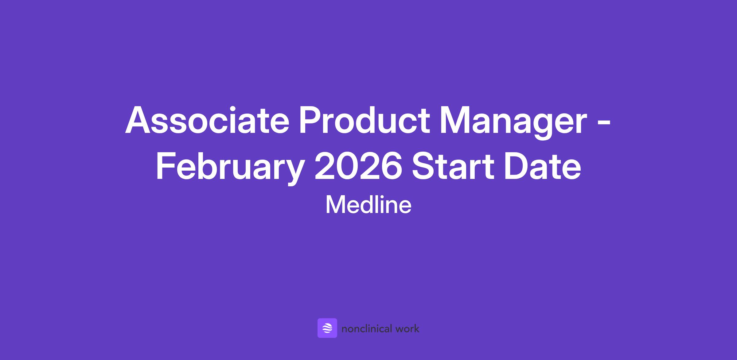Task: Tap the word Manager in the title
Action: (x=514, y=123)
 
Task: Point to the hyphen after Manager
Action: (x=604, y=124)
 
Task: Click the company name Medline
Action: (x=368, y=205)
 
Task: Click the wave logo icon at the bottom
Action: (x=327, y=328)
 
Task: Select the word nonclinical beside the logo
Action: (x=367, y=329)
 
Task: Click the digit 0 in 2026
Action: (x=347, y=167)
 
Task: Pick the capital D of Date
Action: (x=517, y=167)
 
